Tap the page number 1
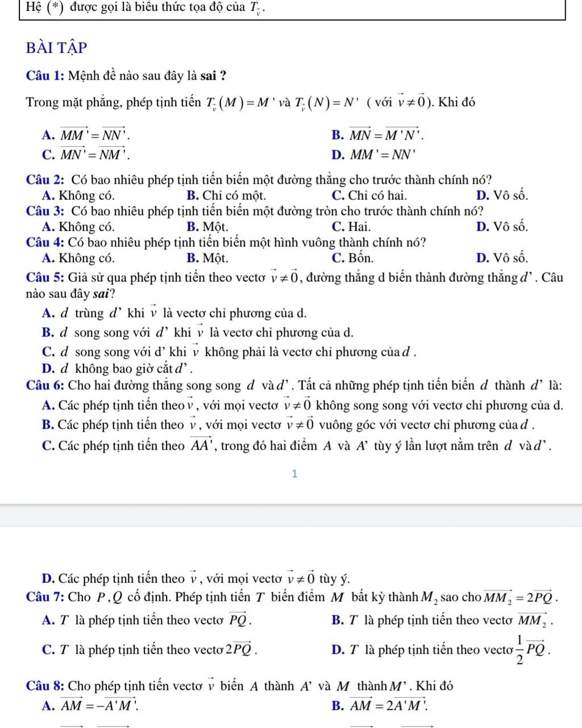[x=294, y=474]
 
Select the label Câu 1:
[x=45, y=75]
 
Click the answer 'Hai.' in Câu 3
[x=359, y=226]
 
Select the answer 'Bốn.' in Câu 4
[x=360, y=258]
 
